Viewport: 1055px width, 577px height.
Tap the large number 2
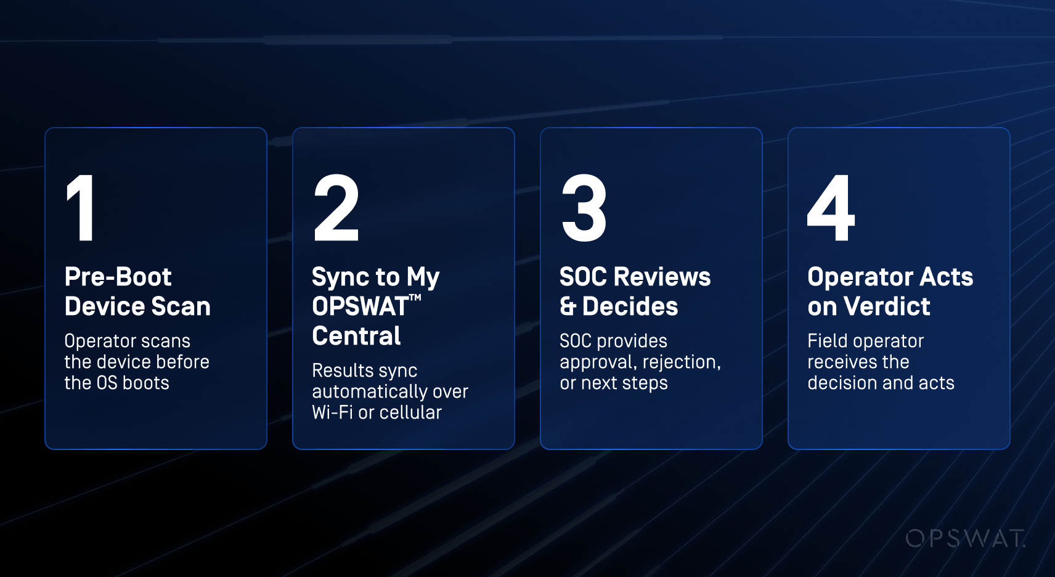point(336,208)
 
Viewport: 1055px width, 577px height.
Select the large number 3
point(584,208)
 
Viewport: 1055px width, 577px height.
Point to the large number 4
point(831,208)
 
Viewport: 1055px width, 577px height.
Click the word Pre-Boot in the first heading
point(118,277)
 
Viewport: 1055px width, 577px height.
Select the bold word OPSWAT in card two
point(360,306)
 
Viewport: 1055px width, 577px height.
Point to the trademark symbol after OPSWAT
point(415,298)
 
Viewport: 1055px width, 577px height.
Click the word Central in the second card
point(356,336)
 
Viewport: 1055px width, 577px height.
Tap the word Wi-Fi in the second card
point(333,412)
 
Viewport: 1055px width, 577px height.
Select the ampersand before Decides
point(568,306)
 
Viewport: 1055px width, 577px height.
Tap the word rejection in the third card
point(682,362)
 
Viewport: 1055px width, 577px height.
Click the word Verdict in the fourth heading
point(887,306)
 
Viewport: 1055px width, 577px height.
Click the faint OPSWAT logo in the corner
point(965,538)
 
